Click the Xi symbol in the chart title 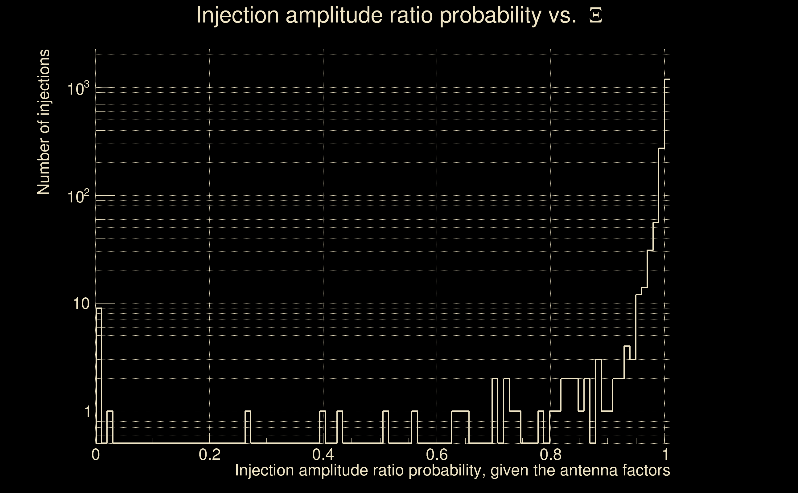coord(596,15)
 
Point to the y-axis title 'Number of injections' coord(43,122)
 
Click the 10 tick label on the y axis coord(81,304)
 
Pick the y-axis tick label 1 coord(87,411)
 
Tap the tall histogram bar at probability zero coord(99,375)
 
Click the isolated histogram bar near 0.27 coord(248,427)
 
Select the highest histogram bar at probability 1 coord(667,261)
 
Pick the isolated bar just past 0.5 coord(386,427)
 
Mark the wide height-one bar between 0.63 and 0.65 coord(460,427)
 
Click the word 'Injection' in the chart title coord(237,15)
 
